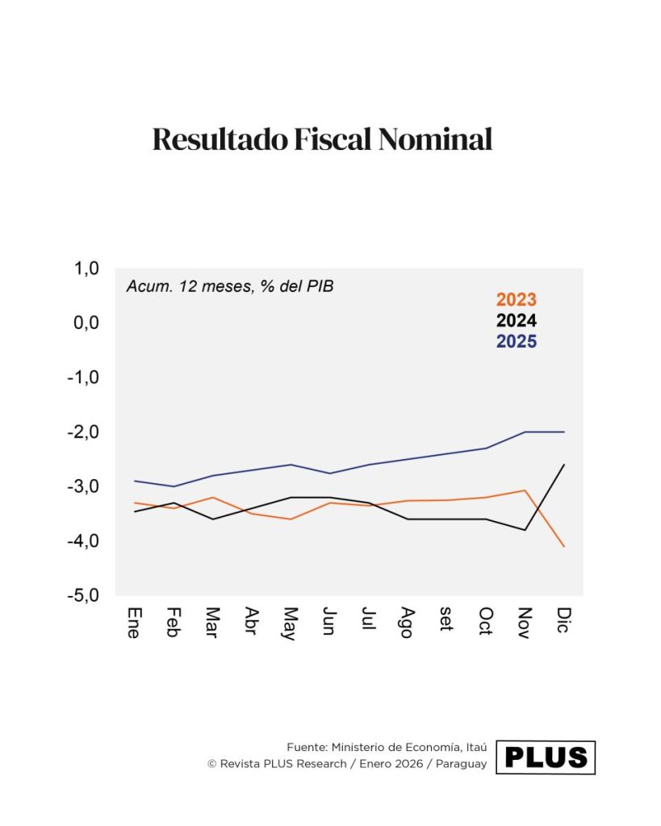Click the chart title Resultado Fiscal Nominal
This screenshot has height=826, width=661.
[322, 140]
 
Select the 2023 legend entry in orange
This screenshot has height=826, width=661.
[516, 300]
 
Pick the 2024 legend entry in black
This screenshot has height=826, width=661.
[516, 320]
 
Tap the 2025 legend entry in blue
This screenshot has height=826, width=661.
[516, 341]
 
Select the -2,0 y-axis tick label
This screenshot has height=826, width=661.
[84, 432]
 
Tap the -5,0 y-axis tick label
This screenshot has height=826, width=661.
[84, 595]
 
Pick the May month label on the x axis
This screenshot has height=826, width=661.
[291, 623]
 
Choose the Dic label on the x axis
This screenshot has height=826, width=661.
[563, 619]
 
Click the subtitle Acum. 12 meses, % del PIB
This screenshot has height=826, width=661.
[230, 286]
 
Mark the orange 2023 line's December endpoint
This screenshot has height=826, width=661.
[563, 546]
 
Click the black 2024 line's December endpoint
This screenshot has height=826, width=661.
[563, 465]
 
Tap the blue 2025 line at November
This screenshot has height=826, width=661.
[525, 432]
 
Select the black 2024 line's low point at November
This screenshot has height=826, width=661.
[525, 530]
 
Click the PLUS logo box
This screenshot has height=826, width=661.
[546, 757]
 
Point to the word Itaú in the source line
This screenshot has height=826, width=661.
[472, 748]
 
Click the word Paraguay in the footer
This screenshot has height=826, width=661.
[462, 764]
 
